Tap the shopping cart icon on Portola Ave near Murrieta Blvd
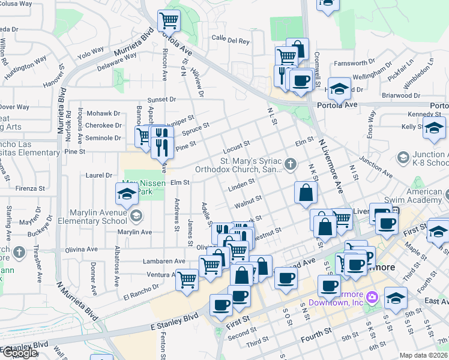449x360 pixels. pyautogui.click(x=169, y=21)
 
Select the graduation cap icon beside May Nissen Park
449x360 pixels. pyautogui.click(x=127, y=194)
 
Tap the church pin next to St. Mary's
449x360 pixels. pyautogui.click(x=291, y=164)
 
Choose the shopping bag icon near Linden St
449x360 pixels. pyautogui.click(x=306, y=193)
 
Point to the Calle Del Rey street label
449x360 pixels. pyautogui.click(x=230, y=41)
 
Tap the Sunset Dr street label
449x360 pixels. pyautogui.click(x=162, y=99)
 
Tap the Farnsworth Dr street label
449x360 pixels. pyautogui.click(x=354, y=62)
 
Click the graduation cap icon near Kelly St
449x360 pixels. pyautogui.click(x=433, y=128)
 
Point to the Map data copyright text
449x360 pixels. pyautogui.click(x=424, y=355)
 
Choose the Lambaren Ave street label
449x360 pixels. pyautogui.click(x=164, y=261)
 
